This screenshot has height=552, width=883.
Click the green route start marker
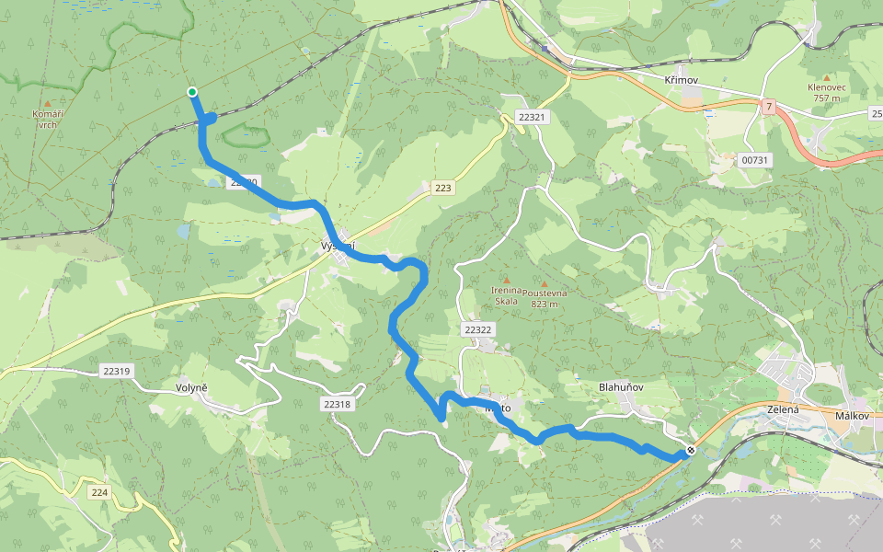tap(192, 91)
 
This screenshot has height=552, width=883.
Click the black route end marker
tap(690, 450)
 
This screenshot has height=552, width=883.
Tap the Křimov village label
tap(681, 81)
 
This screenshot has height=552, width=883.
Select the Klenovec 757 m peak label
tap(826, 92)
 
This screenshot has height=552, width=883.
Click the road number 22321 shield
tap(532, 118)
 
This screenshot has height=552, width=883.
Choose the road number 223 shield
tap(443, 188)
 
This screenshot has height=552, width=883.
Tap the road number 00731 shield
tap(754, 160)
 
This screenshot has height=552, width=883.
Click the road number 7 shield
tap(768, 108)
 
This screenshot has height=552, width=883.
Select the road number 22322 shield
tap(478, 329)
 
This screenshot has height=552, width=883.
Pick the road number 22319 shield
tap(117, 371)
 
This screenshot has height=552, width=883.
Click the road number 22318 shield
tap(338, 404)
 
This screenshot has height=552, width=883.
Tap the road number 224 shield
tap(99, 493)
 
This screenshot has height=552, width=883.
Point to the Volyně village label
tap(192, 387)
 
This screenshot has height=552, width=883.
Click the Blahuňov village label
tap(621, 387)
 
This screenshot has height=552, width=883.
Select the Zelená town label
tap(783, 409)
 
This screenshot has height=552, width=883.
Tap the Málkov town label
tap(853, 416)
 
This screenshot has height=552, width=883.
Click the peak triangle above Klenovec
tap(826, 77)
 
